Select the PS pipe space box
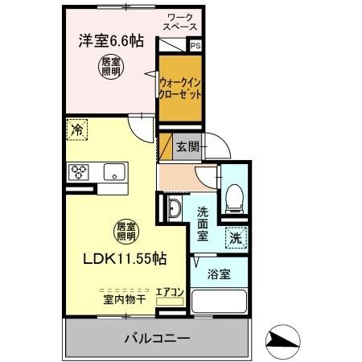(x=195, y=47)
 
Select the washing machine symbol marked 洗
(x=235, y=237)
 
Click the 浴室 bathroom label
(x=220, y=274)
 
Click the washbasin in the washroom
(x=175, y=212)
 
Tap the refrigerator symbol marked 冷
(x=77, y=129)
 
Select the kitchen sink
(x=114, y=171)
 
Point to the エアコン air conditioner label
(x=171, y=292)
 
